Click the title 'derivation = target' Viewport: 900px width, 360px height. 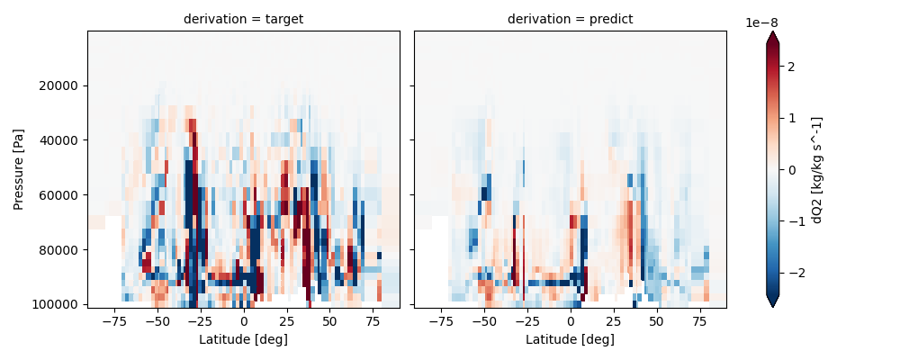(x=243, y=19)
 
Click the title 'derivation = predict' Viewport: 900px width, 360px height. (x=570, y=19)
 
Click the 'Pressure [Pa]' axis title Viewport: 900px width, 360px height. (x=20, y=169)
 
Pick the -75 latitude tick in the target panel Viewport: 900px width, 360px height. (x=113, y=321)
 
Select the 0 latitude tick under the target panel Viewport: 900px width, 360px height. (x=243, y=321)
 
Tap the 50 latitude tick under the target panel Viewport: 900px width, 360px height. (x=329, y=321)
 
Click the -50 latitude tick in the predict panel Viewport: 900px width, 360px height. (x=483, y=321)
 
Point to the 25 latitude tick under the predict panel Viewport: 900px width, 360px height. (x=613, y=321)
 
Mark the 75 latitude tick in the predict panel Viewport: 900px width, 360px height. (x=699, y=321)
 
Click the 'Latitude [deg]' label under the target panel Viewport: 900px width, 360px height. (x=243, y=339)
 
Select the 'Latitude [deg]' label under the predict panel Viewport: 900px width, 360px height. (x=570, y=339)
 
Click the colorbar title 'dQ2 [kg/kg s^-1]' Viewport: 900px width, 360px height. (x=818, y=169)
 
